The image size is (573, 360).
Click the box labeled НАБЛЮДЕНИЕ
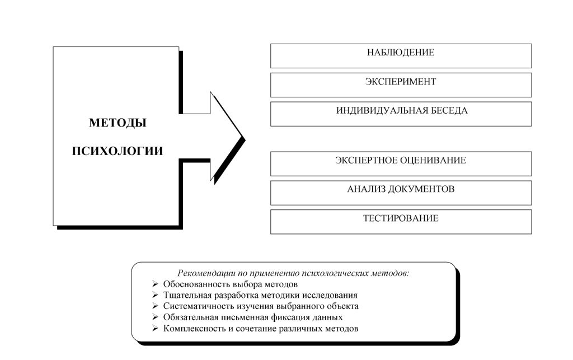(401, 53)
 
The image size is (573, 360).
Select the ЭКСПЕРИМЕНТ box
(401, 82)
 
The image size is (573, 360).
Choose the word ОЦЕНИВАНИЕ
(433, 161)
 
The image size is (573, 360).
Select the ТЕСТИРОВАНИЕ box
(401, 218)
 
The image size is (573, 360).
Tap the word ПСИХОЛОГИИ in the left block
(118, 151)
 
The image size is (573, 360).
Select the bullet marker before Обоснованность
(155, 284)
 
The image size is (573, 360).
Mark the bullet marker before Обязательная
(155, 317)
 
